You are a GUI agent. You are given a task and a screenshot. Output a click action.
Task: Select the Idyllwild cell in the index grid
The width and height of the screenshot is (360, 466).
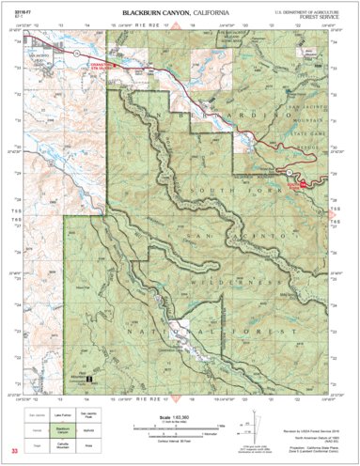tap(89, 427)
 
